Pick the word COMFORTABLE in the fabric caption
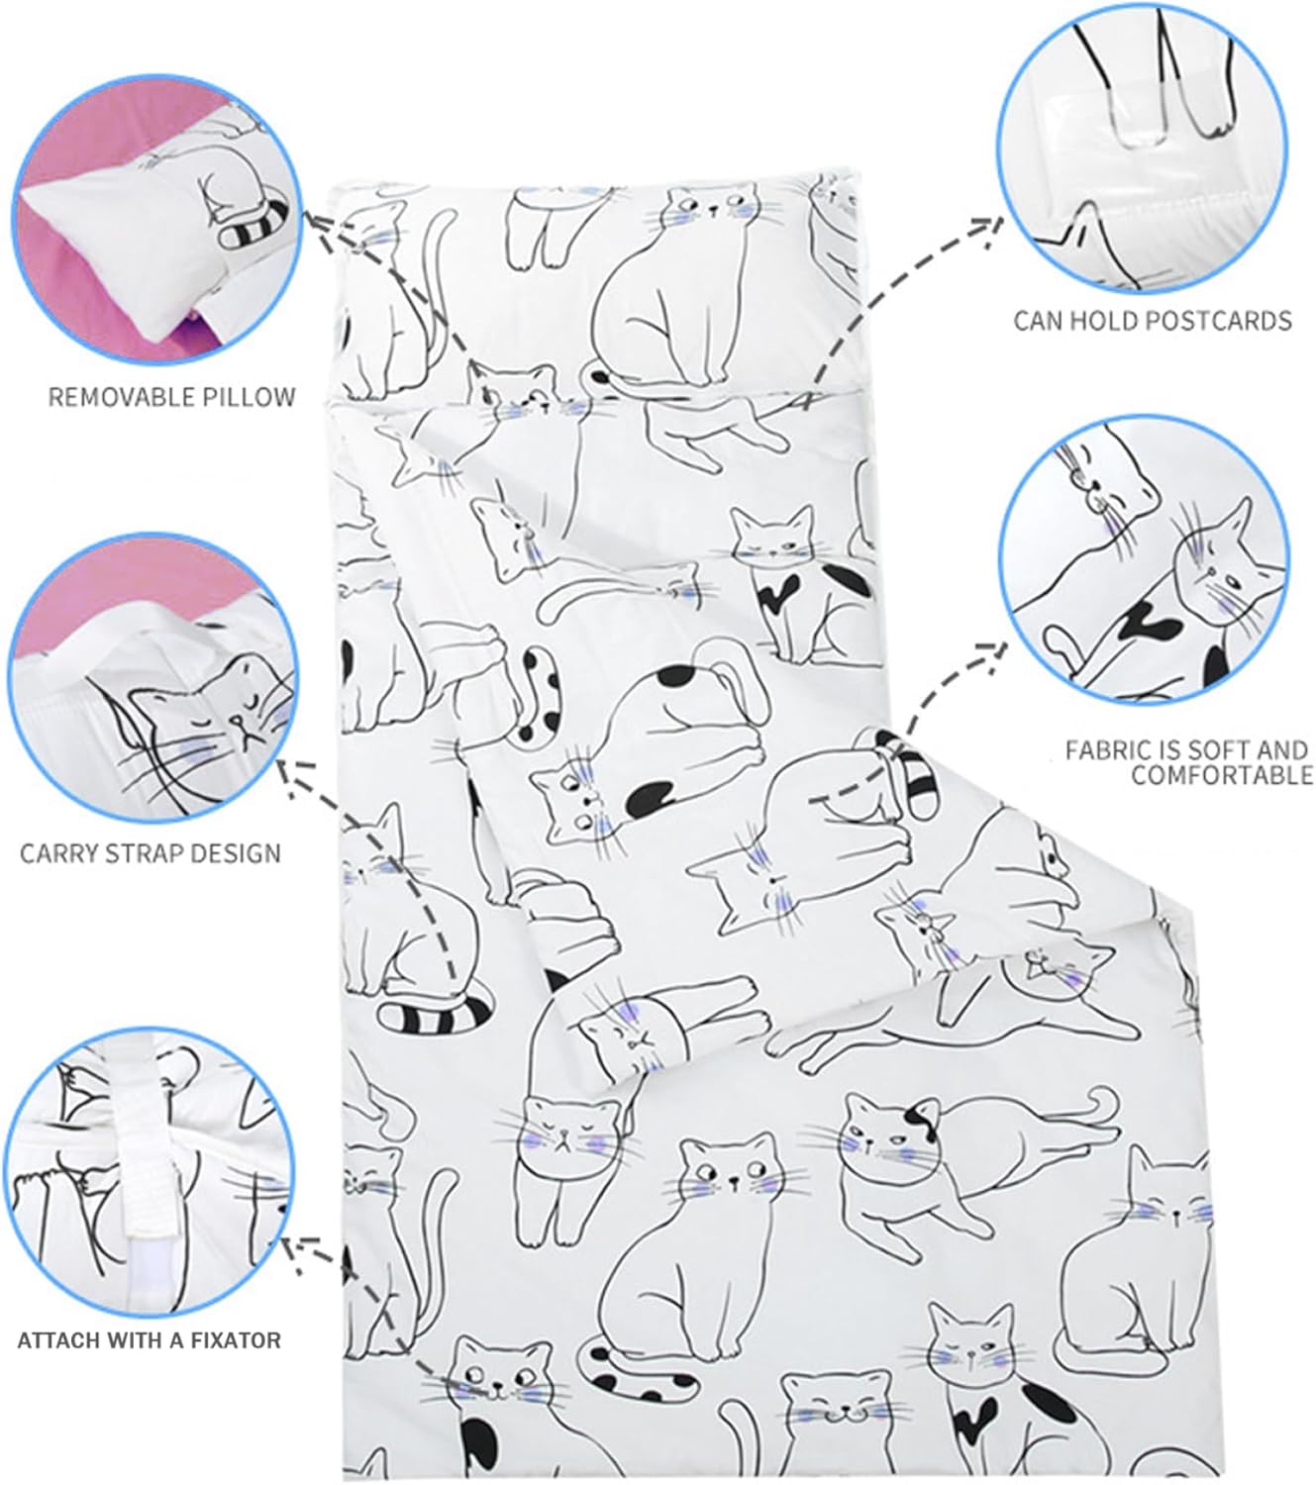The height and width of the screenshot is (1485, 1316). click(1222, 775)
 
